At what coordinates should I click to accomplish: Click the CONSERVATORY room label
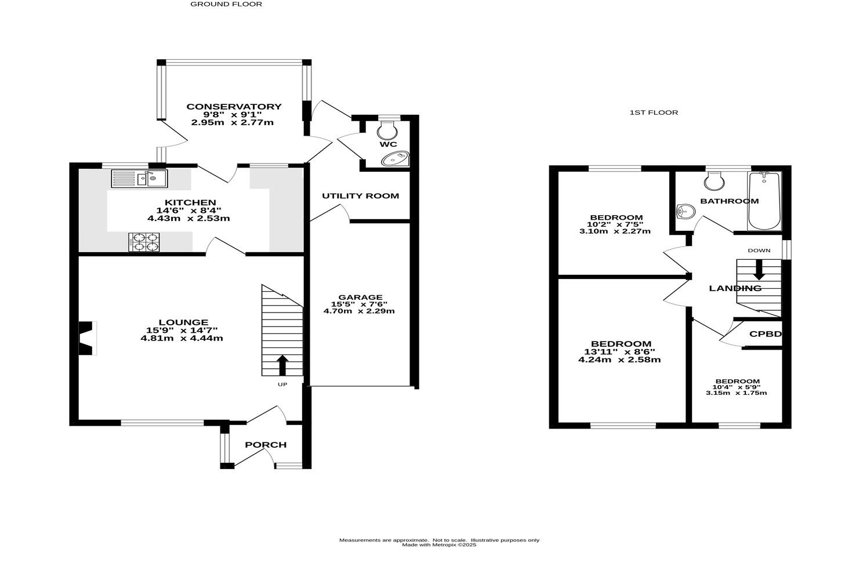234,107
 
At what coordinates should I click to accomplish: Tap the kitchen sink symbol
139,178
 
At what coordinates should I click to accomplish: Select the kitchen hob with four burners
144,242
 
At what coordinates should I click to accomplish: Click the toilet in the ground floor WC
387,129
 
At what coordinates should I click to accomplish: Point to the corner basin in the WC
396,158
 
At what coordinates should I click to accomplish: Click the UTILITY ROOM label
360,196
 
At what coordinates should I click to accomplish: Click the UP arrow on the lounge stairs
282,365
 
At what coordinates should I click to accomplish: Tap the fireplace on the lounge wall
87,338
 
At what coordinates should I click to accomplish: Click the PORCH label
266,445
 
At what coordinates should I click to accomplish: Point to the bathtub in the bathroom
764,201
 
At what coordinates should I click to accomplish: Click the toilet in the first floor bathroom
713,181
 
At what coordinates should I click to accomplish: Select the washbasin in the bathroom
686,212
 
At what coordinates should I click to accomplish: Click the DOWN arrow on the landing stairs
759,270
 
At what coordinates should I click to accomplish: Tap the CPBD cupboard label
766,334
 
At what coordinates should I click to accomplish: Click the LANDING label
735,288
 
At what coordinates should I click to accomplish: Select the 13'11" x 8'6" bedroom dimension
619,351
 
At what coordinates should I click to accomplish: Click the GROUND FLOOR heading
226,4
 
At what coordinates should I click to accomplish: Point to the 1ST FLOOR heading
654,113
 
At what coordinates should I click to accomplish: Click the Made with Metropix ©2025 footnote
439,545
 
